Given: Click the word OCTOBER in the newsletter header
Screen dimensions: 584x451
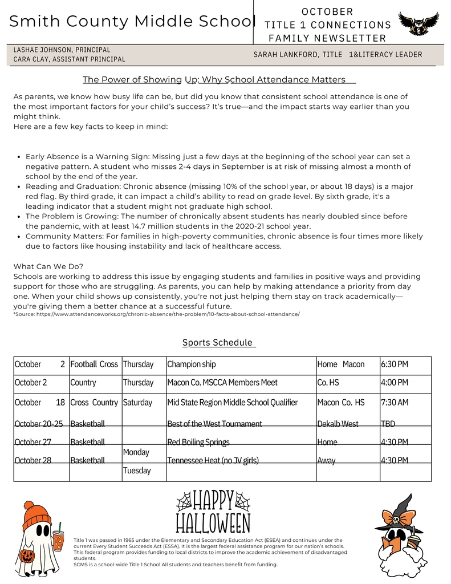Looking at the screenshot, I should click(x=327, y=11).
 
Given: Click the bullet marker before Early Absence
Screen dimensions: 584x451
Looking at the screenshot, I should click(x=19, y=157).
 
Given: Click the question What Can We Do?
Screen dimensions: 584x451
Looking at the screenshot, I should click(x=48, y=266).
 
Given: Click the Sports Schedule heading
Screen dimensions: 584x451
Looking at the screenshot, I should click(x=217, y=343).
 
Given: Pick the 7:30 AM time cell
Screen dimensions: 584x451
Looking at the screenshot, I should click(x=395, y=403).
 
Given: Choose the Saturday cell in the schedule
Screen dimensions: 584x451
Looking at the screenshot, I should click(x=137, y=403).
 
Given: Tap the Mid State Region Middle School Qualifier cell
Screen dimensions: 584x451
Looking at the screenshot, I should click(x=232, y=403).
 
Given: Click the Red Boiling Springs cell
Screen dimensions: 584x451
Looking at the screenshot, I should click(x=198, y=442).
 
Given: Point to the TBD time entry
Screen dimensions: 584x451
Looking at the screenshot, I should click(x=388, y=424).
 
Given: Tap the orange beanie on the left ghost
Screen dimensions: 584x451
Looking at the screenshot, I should click(x=36, y=513).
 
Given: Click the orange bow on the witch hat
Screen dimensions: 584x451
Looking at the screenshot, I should click(x=400, y=519).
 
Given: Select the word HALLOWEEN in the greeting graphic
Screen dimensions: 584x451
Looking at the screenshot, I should click(x=213, y=523).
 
